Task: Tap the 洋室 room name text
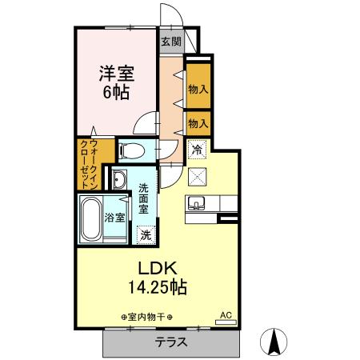point(117,72)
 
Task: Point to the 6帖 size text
point(117,91)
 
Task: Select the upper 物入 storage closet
point(198,90)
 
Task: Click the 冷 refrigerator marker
point(197,148)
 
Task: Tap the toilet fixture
point(130,150)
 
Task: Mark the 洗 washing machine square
point(146,234)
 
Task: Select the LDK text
point(147,267)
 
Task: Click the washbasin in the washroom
point(119,178)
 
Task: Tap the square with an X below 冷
point(197,176)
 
